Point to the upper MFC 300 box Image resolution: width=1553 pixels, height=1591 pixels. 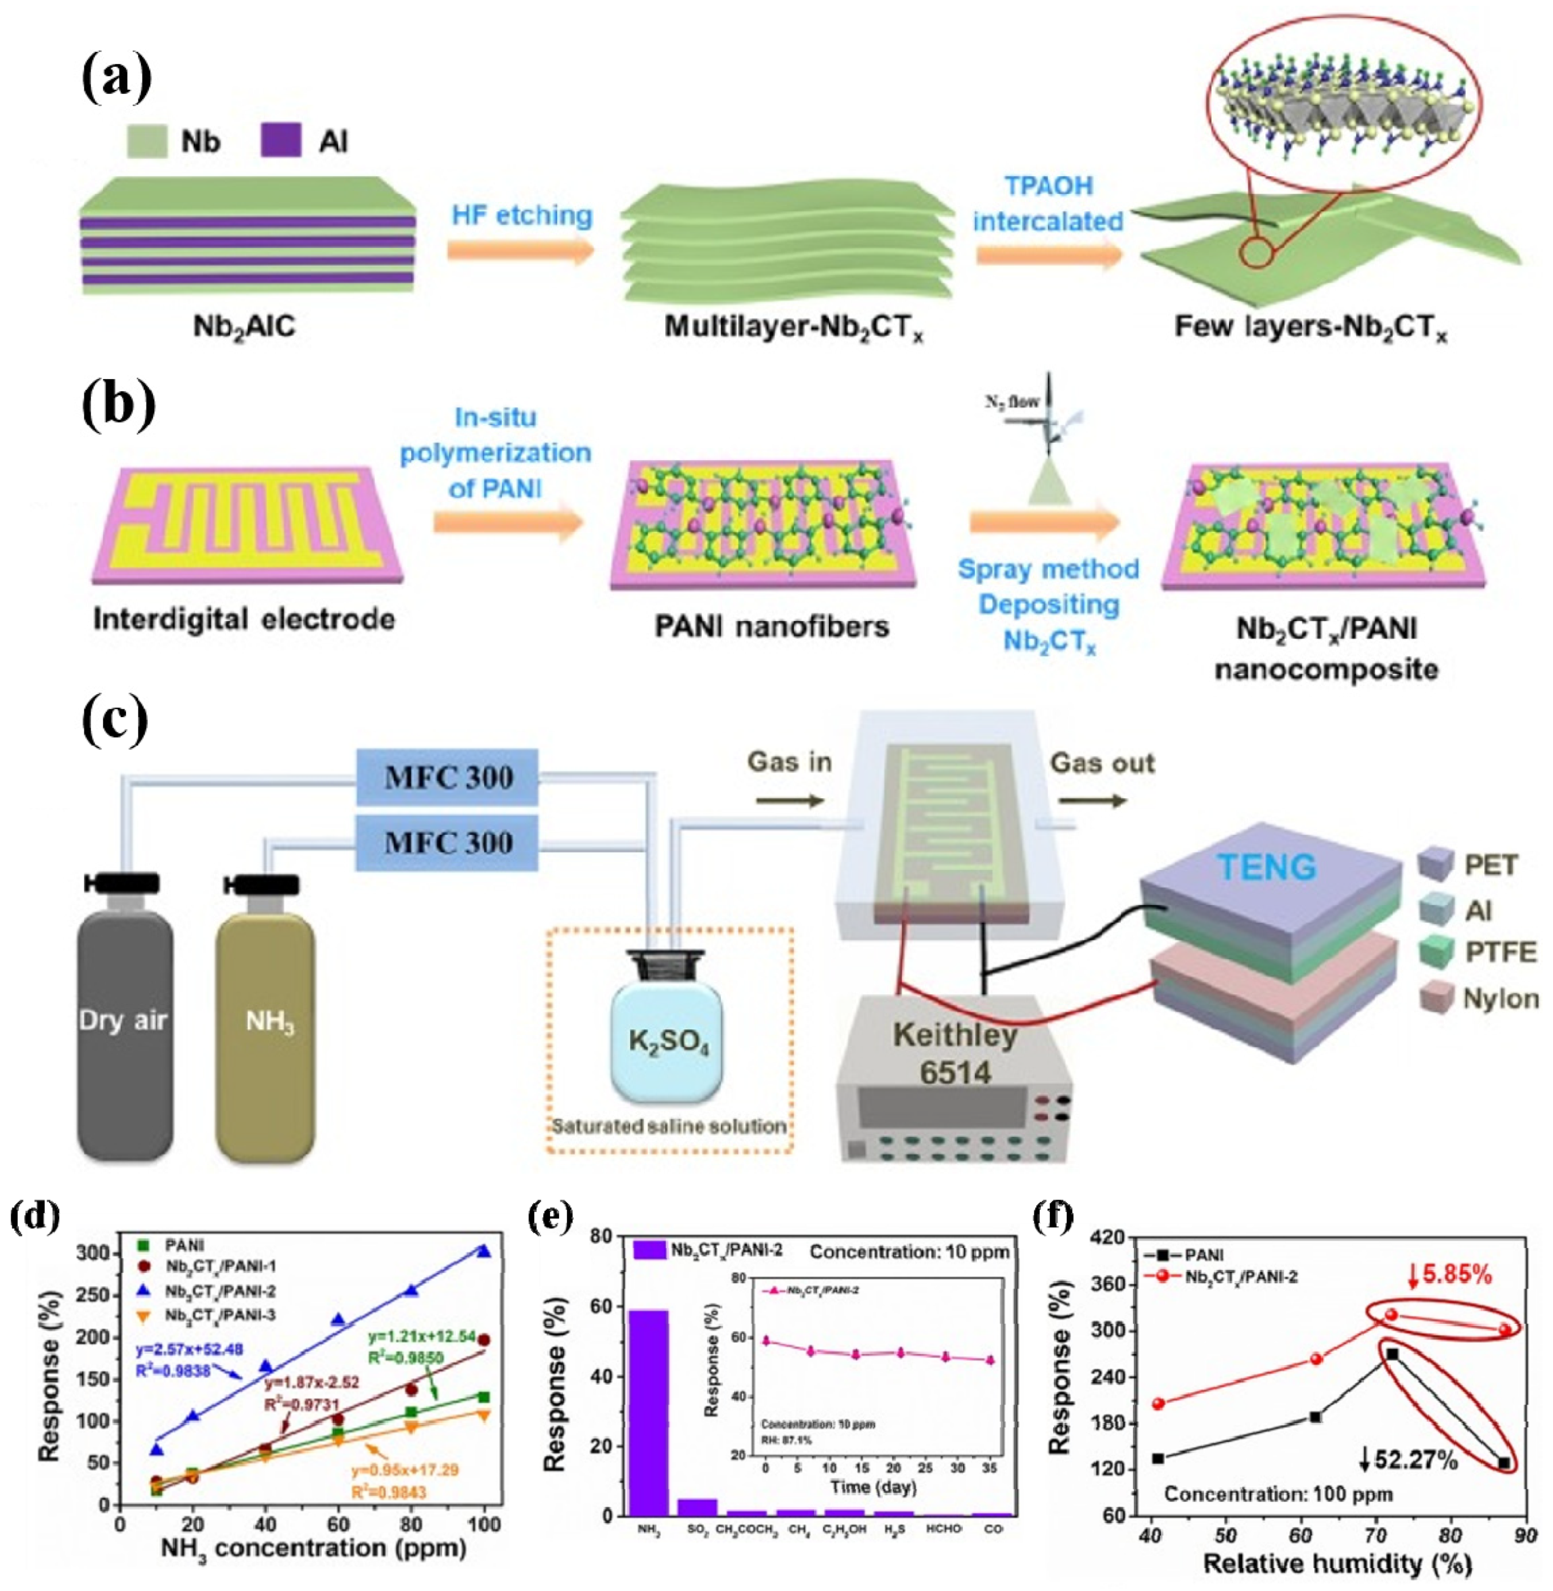pyautogui.click(x=447, y=777)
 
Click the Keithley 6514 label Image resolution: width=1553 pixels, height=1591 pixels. pyautogui.click(x=955, y=1053)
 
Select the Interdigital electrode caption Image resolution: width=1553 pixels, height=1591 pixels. pyautogui.click(x=244, y=620)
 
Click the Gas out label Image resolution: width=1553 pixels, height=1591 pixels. pyautogui.click(x=1102, y=763)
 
